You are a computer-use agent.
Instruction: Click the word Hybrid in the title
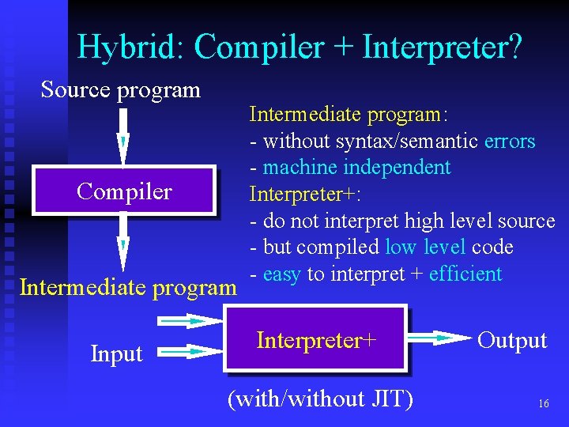click(x=129, y=47)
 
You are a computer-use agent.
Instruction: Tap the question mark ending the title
click(x=514, y=47)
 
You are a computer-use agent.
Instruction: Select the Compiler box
click(x=124, y=191)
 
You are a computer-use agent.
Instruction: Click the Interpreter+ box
click(x=316, y=340)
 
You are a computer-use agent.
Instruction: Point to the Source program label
click(x=121, y=89)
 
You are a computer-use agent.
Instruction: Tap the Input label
click(x=116, y=353)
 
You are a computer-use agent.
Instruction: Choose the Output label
click(x=512, y=340)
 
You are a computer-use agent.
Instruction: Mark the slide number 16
click(x=543, y=404)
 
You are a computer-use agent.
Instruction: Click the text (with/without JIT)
click(x=320, y=399)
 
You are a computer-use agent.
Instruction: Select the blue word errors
click(x=510, y=142)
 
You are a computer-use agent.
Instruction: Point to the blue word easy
click(x=282, y=274)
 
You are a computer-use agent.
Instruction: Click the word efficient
click(x=465, y=274)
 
